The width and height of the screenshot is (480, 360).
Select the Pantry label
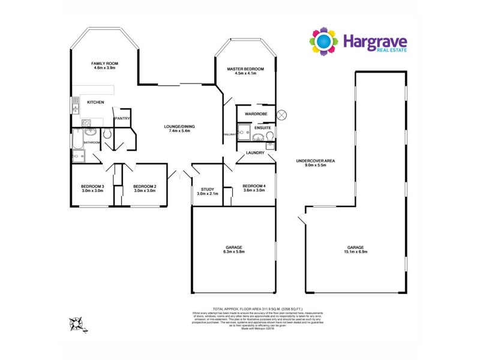click(x=122, y=118)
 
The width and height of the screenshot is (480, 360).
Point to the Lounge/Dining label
click(x=180, y=126)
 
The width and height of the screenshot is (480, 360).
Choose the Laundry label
click(x=254, y=153)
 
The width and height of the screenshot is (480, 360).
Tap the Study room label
click(x=207, y=190)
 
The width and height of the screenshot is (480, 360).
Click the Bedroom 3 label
click(x=92, y=186)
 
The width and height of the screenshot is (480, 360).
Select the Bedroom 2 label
click(x=145, y=186)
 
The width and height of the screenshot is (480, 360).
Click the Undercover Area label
click(x=315, y=160)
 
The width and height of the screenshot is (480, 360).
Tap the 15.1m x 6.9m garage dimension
click(x=355, y=251)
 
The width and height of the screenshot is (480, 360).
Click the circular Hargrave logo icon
click(x=324, y=41)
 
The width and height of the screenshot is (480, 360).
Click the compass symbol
click(x=76, y=325)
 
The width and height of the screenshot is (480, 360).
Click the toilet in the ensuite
click(x=270, y=138)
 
